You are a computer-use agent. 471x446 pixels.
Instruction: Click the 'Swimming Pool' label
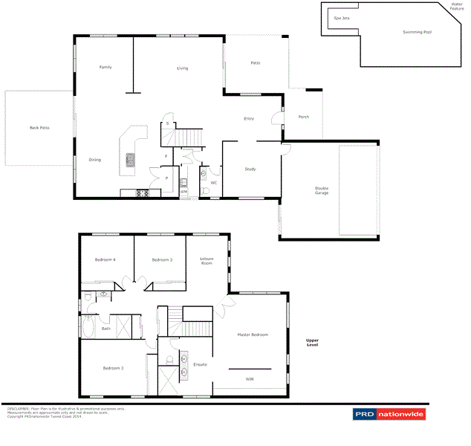(x=417, y=33)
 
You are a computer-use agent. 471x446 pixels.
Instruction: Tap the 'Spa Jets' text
(x=342, y=18)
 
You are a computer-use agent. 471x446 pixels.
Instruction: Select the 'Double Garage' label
(x=321, y=190)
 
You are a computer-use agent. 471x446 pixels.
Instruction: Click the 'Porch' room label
(x=303, y=117)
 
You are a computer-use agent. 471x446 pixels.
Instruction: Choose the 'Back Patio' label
(x=39, y=128)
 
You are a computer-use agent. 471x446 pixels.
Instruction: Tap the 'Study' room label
(x=250, y=169)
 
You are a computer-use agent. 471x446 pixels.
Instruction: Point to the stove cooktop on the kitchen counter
(x=141, y=193)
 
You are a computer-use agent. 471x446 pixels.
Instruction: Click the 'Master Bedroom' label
(x=252, y=335)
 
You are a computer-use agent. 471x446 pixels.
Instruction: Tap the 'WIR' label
(x=250, y=379)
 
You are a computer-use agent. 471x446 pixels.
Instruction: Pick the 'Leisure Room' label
(x=207, y=260)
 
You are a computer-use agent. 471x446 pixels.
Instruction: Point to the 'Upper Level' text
(x=313, y=343)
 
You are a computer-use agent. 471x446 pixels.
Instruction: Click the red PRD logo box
(x=363, y=414)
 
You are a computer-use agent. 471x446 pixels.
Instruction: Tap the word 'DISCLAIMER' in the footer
(x=19, y=409)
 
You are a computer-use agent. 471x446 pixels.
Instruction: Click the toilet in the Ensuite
(x=170, y=361)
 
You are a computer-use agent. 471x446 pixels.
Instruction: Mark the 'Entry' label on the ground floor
(x=249, y=119)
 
